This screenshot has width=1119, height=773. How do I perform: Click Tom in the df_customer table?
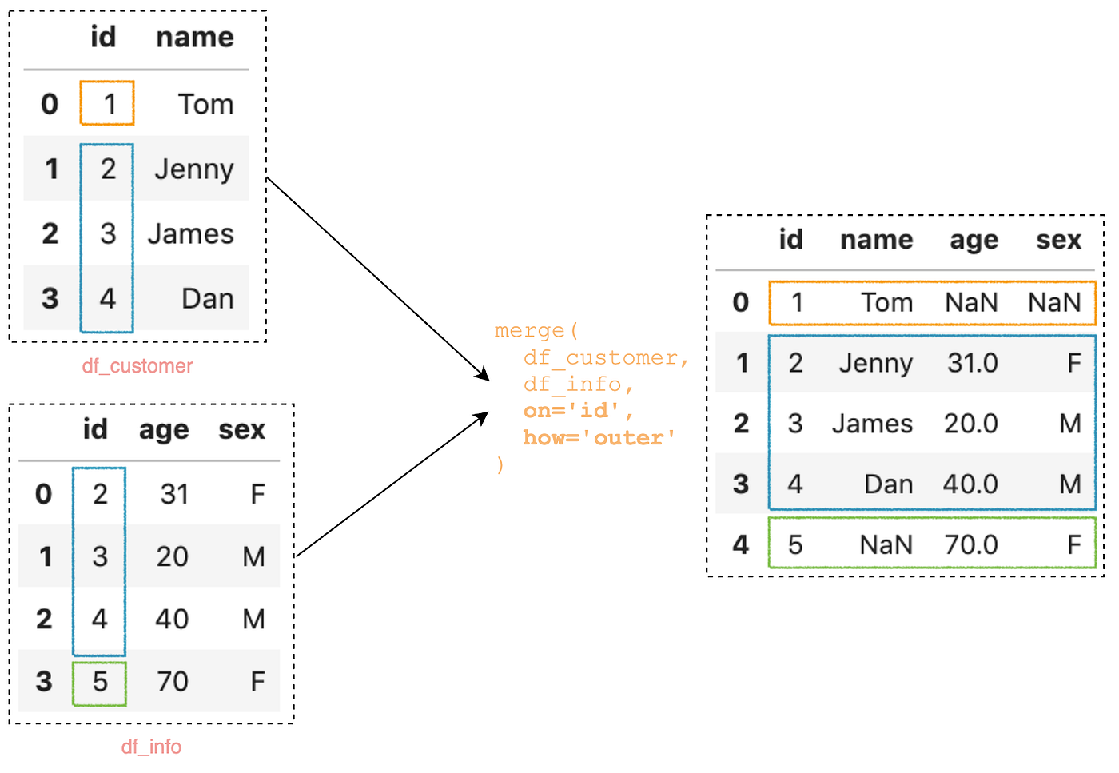pos(205,104)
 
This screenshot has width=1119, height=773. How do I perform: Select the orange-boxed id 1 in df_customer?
pos(107,103)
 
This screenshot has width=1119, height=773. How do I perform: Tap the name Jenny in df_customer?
pos(194,169)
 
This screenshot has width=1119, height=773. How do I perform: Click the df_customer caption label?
pos(137,366)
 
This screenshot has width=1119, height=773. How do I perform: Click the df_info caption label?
pos(151,747)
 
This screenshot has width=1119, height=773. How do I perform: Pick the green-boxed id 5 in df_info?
pos(99,682)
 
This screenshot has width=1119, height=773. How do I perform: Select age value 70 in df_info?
pos(173,682)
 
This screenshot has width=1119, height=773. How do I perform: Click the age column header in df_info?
pos(164,430)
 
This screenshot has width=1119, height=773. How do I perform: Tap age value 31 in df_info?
pos(174,494)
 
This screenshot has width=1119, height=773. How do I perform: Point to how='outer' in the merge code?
pos(599,438)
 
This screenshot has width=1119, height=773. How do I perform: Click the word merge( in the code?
pos(536,330)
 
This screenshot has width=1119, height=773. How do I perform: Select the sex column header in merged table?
pos(1058,240)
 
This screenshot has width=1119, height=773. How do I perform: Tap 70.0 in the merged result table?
pos(971,545)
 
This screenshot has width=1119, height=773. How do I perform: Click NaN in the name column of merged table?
pos(886,545)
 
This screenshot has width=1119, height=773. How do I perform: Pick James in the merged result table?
pos(872,424)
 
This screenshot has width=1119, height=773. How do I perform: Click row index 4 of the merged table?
pos(741,545)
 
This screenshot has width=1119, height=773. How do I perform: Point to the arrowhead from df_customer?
pos(483,375)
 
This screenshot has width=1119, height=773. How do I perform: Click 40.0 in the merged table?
pos(970,484)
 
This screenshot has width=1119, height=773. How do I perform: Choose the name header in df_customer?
pos(194,38)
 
